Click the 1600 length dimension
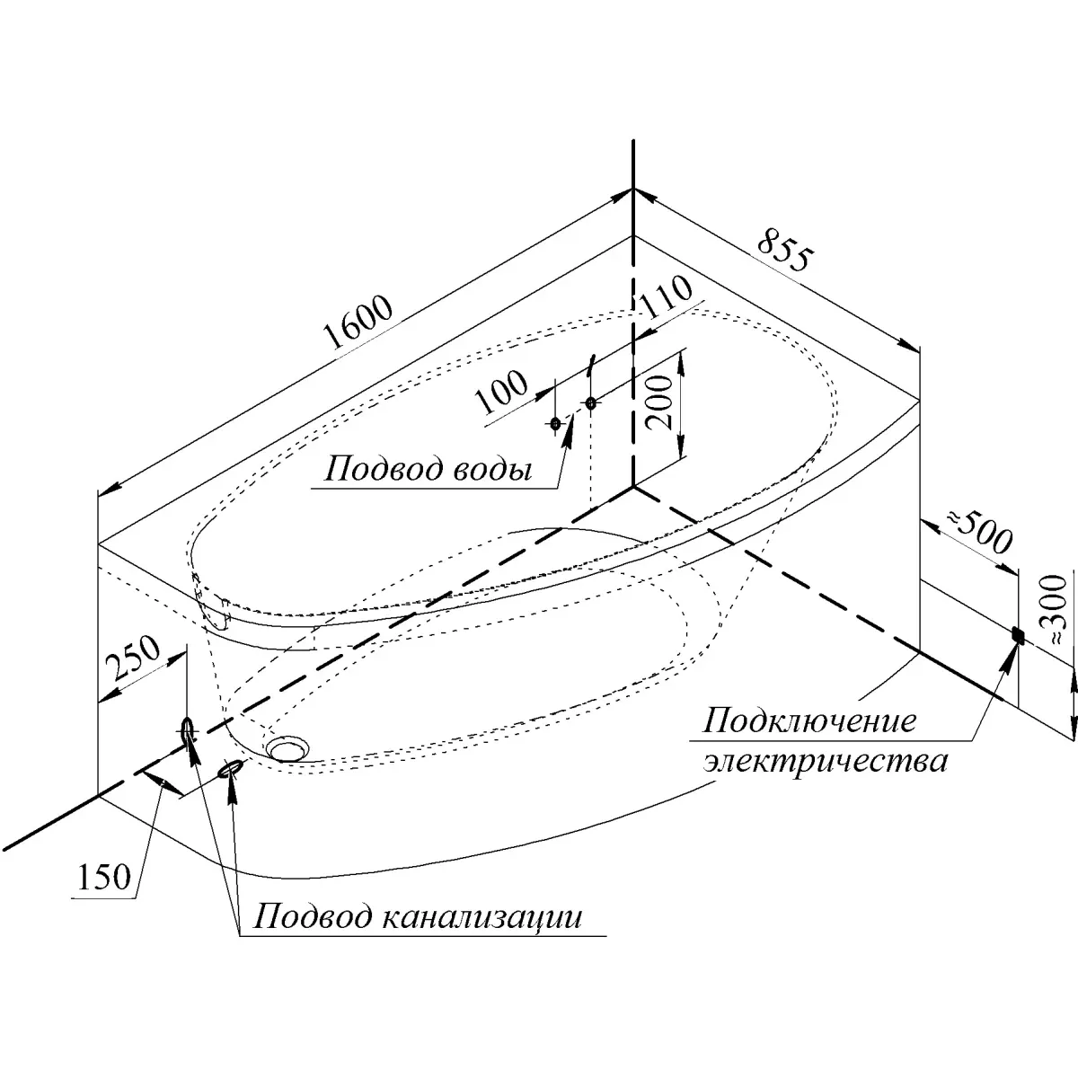click(x=358, y=321)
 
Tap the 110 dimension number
click(x=665, y=296)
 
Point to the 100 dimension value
click(x=501, y=391)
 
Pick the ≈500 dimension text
click(x=979, y=532)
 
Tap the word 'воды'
click(x=490, y=471)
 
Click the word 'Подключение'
click(x=809, y=720)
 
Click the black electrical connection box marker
click(x=1018, y=635)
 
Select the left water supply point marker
click(x=555, y=423)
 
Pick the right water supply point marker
click(x=591, y=402)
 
